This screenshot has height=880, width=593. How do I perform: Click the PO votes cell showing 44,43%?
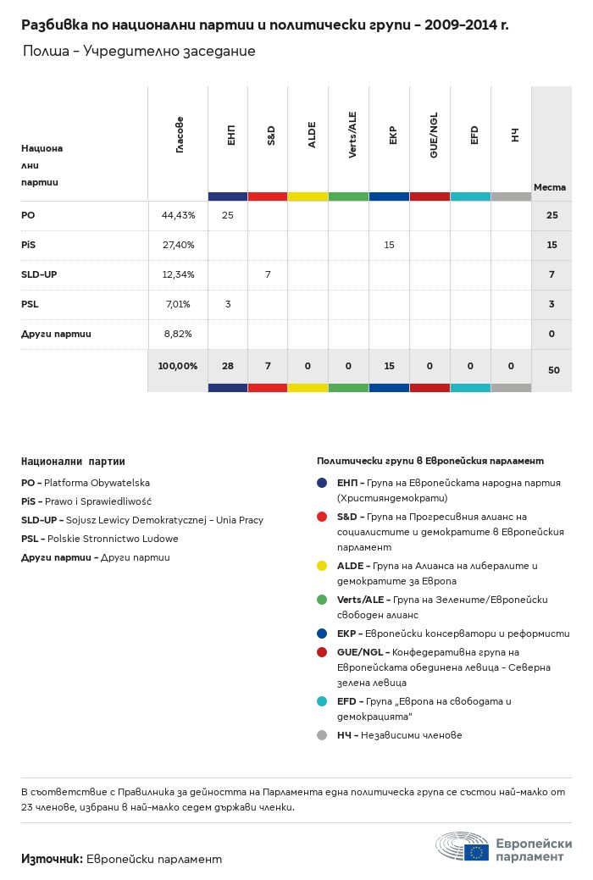pyautogui.click(x=178, y=216)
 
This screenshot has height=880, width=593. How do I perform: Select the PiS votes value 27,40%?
pyautogui.click(x=178, y=245)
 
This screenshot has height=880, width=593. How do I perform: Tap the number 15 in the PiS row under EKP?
pyautogui.click(x=390, y=245)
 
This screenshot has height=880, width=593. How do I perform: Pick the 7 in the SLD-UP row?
pyautogui.click(x=268, y=274)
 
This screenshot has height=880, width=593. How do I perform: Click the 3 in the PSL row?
pyautogui.click(x=228, y=304)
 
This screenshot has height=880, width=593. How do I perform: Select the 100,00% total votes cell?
pyautogui.click(x=178, y=366)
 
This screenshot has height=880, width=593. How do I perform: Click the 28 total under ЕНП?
pyautogui.click(x=228, y=366)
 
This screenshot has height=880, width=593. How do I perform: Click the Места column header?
pyautogui.click(x=550, y=187)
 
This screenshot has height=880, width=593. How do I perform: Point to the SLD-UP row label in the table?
pyautogui.click(x=39, y=274)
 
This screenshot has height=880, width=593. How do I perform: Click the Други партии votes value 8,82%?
pyautogui.click(x=178, y=334)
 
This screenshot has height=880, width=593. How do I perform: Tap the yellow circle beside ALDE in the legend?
pyautogui.click(x=322, y=566)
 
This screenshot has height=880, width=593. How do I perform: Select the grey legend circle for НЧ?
pyautogui.click(x=322, y=735)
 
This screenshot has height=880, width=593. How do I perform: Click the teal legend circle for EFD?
pyautogui.click(x=322, y=701)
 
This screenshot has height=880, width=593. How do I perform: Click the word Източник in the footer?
pyautogui.click(x=52, y=859)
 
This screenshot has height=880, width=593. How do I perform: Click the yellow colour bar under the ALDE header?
pyautogui.click(x=308, y=196)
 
